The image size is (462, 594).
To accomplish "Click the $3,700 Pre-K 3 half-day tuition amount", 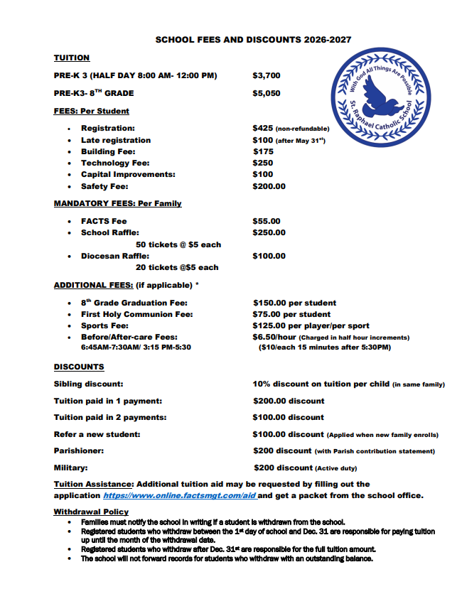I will (267, 75).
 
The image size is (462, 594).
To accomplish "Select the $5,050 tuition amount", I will (267, 93).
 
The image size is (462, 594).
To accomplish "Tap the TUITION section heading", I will (72, 58).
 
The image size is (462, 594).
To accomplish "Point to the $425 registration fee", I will (263, 129).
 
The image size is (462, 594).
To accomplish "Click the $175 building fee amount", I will (263, 151).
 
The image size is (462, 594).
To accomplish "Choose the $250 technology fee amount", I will (263, 163).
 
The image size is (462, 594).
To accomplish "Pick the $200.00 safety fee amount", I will (269, 186).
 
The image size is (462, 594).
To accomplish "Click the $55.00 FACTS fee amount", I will (267, 221).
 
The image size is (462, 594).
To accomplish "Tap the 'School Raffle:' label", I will (109, 232).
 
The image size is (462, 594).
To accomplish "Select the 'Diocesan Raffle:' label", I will (114, 256).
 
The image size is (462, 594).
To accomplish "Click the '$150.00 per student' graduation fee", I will (294, 303).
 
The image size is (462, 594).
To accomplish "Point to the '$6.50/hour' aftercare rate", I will (274, 337).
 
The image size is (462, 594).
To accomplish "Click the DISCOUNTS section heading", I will (79, 367).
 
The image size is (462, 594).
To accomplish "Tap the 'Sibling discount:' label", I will (88, 384).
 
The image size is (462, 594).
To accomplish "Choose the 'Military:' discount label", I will (71, 468).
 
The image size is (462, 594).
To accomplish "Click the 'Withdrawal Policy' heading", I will (91, 512).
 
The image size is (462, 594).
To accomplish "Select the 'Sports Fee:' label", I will (105, 325).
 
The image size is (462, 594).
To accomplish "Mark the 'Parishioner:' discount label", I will (79, 450).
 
